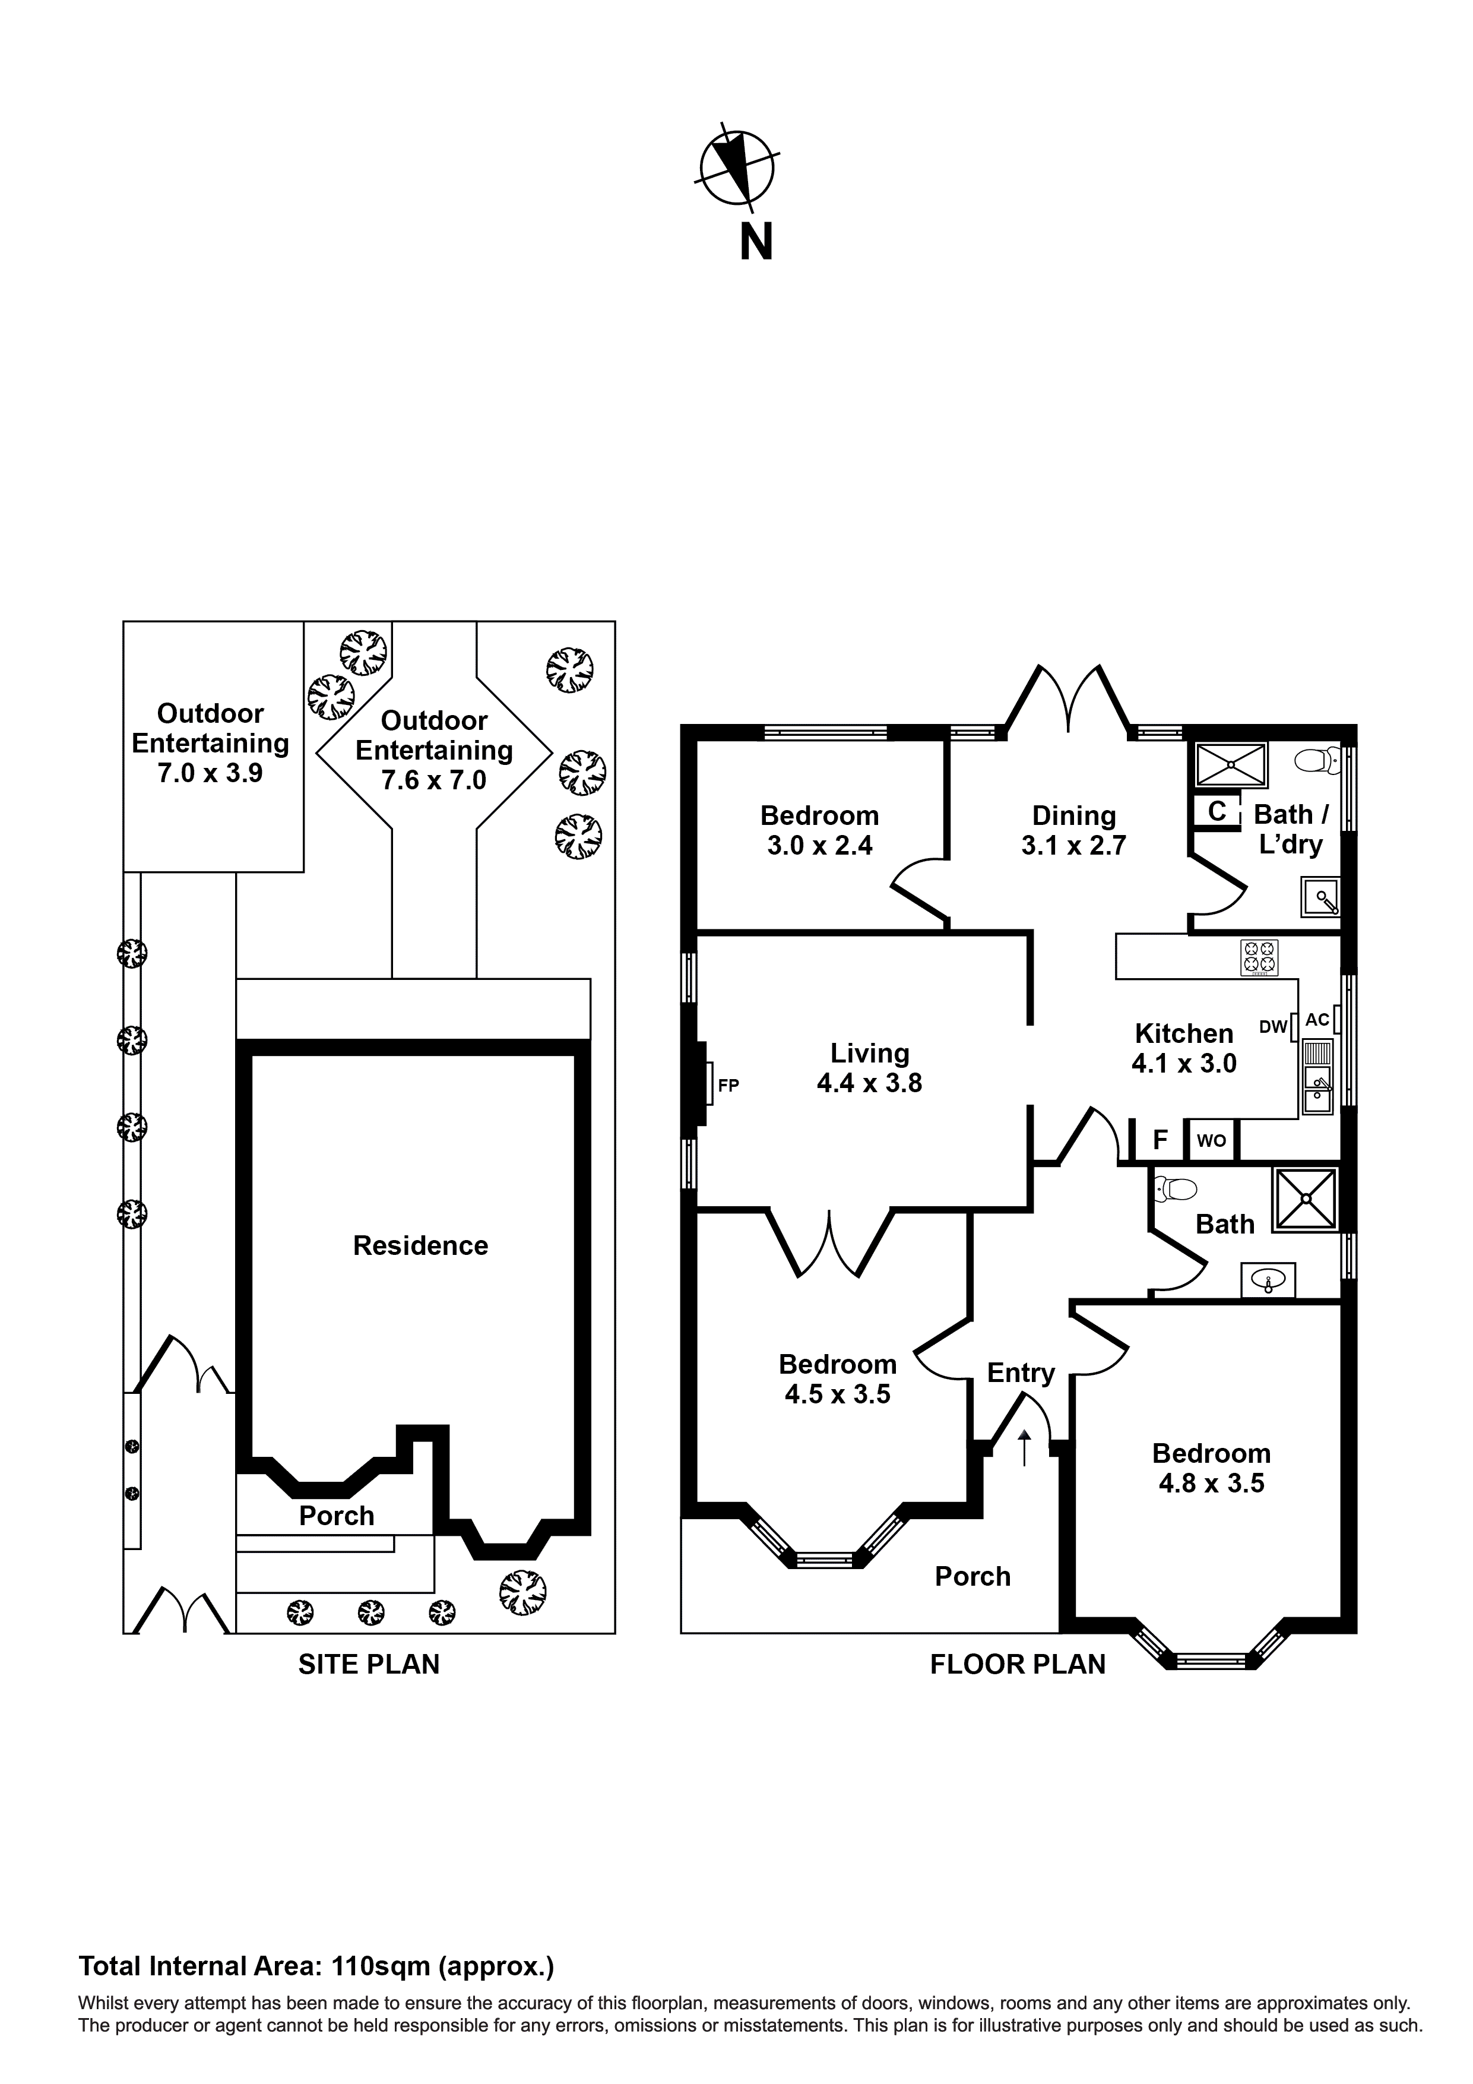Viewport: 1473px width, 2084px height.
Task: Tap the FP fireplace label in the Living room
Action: [728, 1084]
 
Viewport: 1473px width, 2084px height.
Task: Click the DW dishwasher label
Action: [1274, 1027]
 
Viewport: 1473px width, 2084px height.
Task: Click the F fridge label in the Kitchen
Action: [1160, 1140]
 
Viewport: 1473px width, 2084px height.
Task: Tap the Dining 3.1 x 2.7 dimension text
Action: [1073, 846]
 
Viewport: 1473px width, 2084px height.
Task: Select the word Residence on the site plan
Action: [420, 1246]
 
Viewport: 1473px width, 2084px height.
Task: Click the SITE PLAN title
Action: [369, 1664]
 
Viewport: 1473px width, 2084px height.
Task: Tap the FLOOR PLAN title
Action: [1018, 1664]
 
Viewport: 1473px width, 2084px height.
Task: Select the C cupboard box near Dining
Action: [1217, 811]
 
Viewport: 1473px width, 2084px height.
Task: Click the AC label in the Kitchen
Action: [1317, 1019]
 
